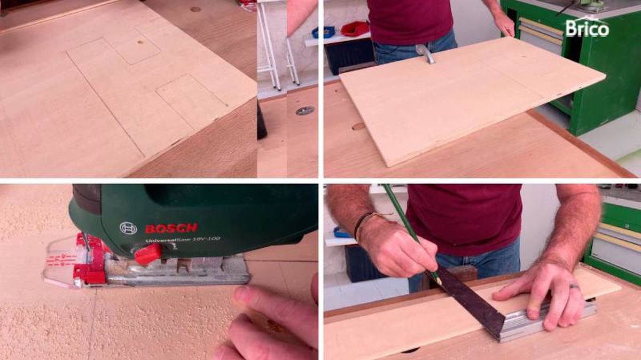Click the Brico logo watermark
pos(587,27)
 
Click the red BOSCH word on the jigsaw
pos(171,228)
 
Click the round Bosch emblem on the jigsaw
pos(128,228)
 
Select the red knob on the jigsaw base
pos(147,254)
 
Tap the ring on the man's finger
pos(574,287)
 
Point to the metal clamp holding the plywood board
pos(425,53)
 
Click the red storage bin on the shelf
pos(355,28)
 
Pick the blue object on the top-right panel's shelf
pos(323,32)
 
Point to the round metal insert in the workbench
pos(305,111)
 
